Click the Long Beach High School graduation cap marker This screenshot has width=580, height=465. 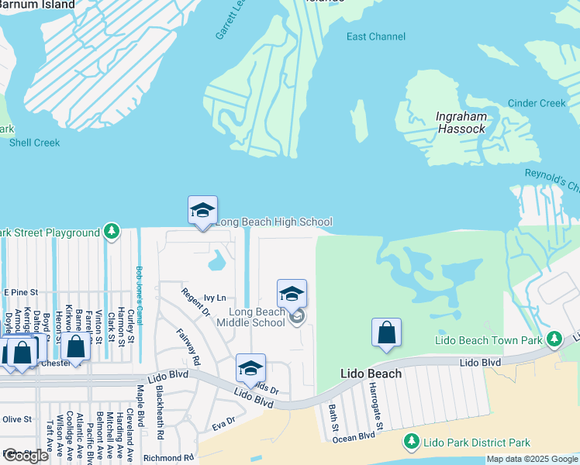pyautogui.click(x=202, y=210)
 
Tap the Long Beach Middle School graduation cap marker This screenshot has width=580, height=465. pyautogui.click(x=292, y=294)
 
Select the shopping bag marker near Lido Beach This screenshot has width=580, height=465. pyautogui.click(x=386, y=332)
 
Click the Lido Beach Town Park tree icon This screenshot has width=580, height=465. pyautogui.click(x=554, y=339)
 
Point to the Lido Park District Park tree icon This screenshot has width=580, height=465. pyautogui.click(x=411, y=443)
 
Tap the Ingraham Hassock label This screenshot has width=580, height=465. pyautogui.click(x=461, y=123)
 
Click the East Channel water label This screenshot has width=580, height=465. pyautogui.click(x=375, y=36)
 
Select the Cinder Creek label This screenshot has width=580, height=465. pyautogui.click(x=537, y=103)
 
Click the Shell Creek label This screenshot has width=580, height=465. pyautogui.click(x=34, y=143)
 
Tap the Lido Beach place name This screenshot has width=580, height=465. pyautogui.click(x=371, y=374)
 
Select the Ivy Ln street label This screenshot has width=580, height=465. pyautogui.click(x=215, y=298)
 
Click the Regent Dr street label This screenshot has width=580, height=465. pyautogui.click(x=195, y=302)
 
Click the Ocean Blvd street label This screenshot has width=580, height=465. pyautogui.click(x=354, y=437)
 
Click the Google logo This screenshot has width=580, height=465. pyautogui.click(x=26, y=456)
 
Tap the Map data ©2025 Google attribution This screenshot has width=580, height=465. pyautogui.click(x=531, y=459)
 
